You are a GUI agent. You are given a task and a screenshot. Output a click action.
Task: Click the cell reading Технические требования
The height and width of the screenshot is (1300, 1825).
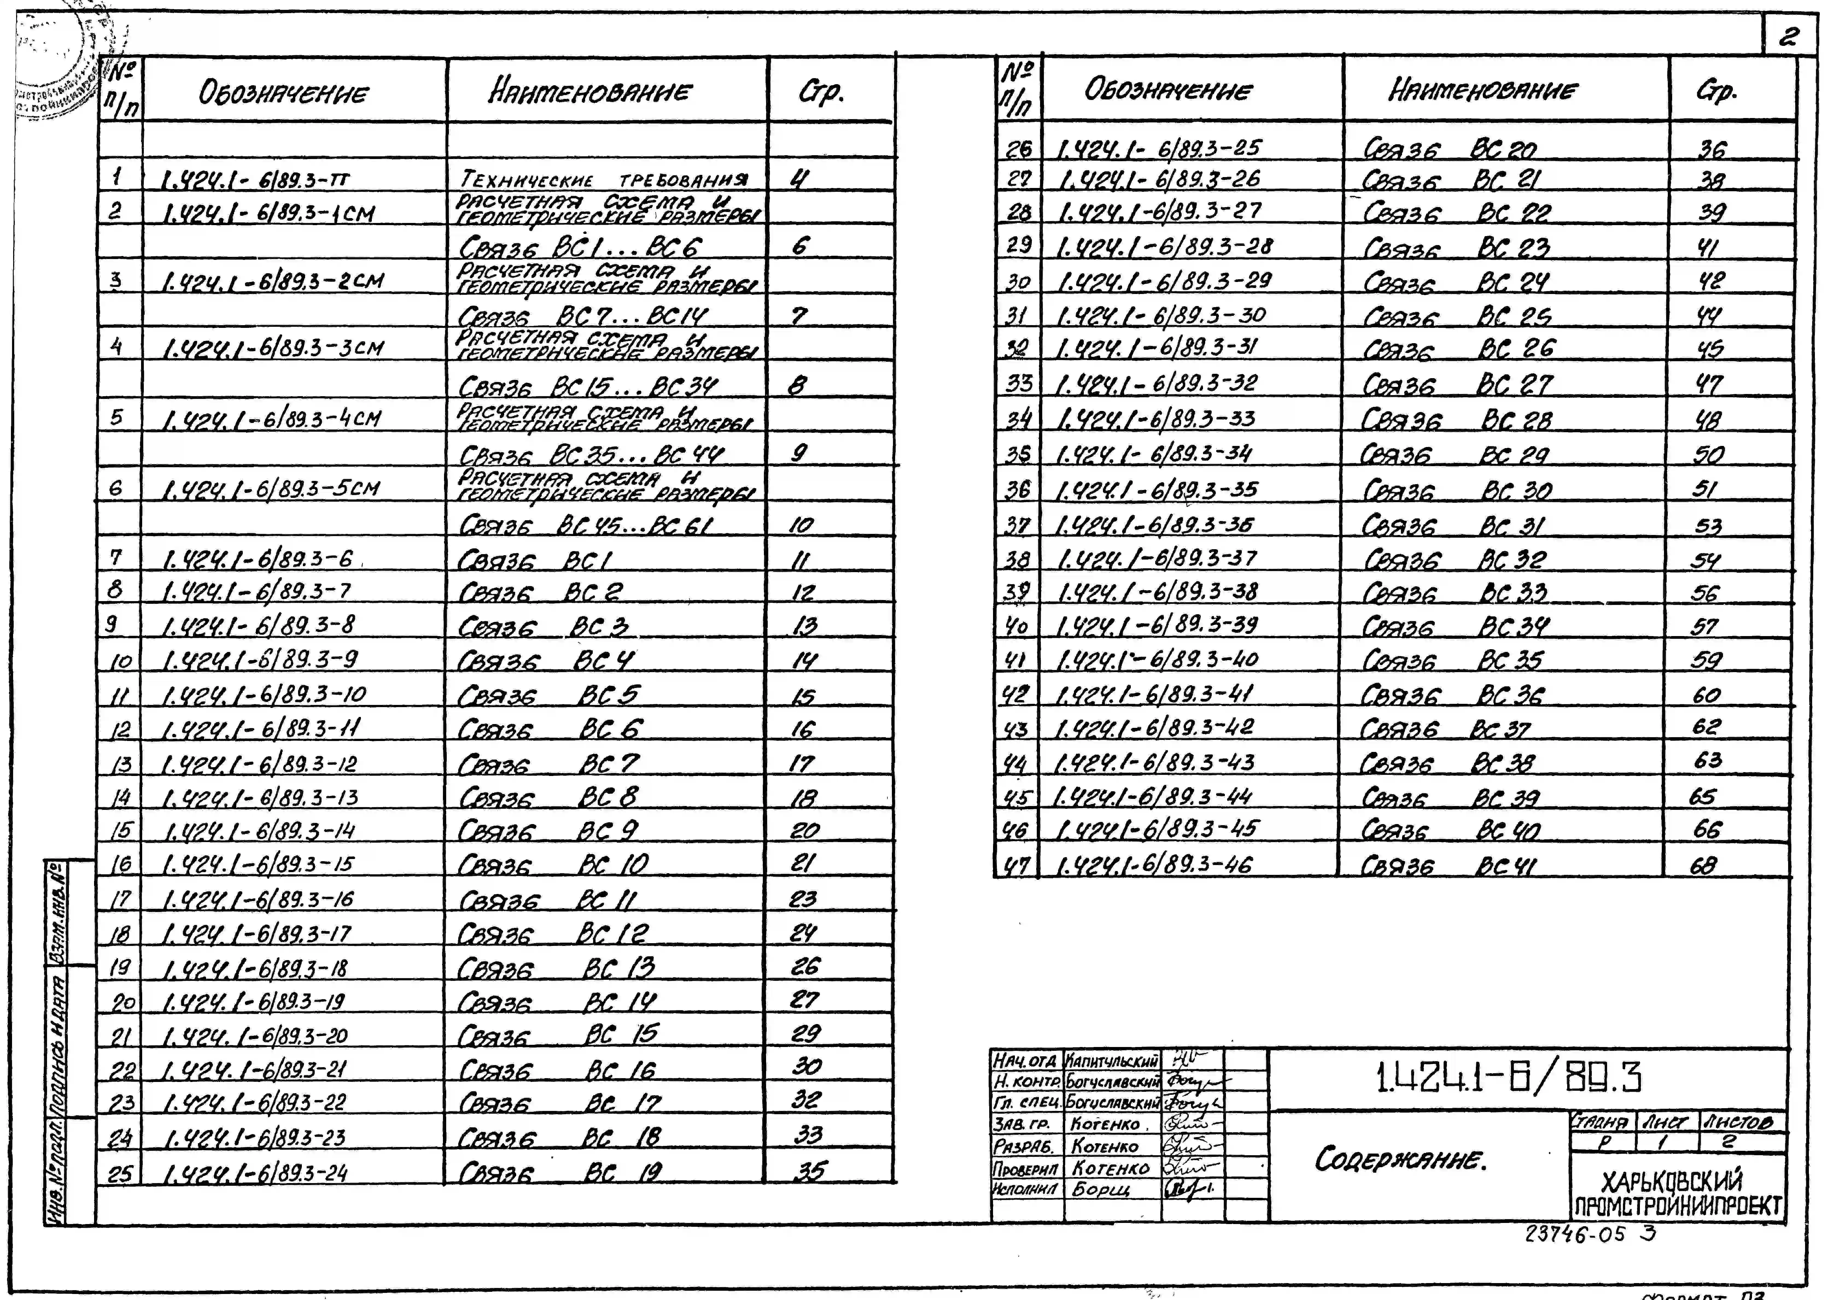tap(606, 180)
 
